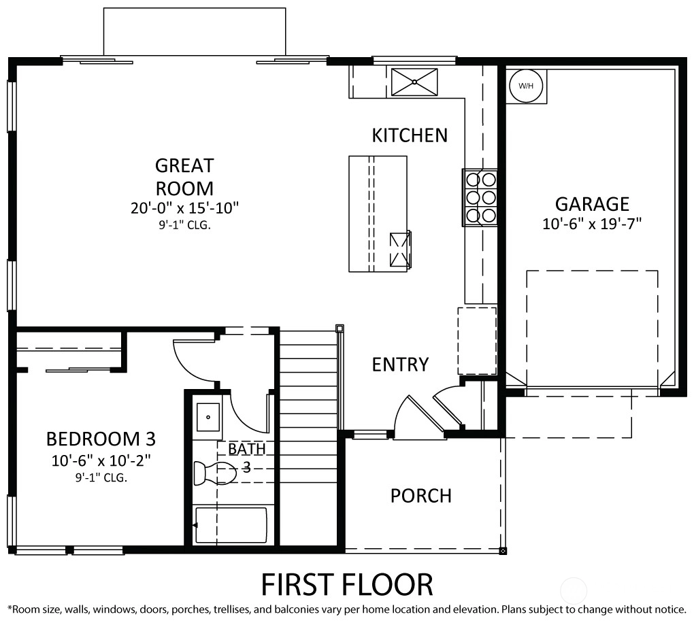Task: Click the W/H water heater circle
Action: [x=526, y=86]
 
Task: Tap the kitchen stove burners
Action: [x=480, y=198]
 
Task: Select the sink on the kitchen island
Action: [x=400, y=250]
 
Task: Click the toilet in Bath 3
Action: [x=215, y=473]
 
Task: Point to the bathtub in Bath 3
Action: [x=231, y=525]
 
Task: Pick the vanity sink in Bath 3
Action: [x=208, y=416]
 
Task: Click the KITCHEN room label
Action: [x=410, y=135]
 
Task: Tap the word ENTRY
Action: [x=400, y=365]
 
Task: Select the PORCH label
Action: [x=421, y=496]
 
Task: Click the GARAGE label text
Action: [x=592, y=204]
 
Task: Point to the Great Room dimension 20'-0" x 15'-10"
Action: [x=184, y=208]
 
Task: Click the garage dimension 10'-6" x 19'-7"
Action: [x=592, y=224]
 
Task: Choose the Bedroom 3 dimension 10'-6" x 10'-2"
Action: [x=101, y=460]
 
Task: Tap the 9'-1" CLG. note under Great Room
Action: [x=184, y=225]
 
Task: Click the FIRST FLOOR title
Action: [x=347, y=584]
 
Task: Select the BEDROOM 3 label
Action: [x=101, y=439]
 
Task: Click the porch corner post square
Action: [x=503, y=551]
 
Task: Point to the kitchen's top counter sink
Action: [x=415, y=82]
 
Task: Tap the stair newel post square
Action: [x=340, y=329]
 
